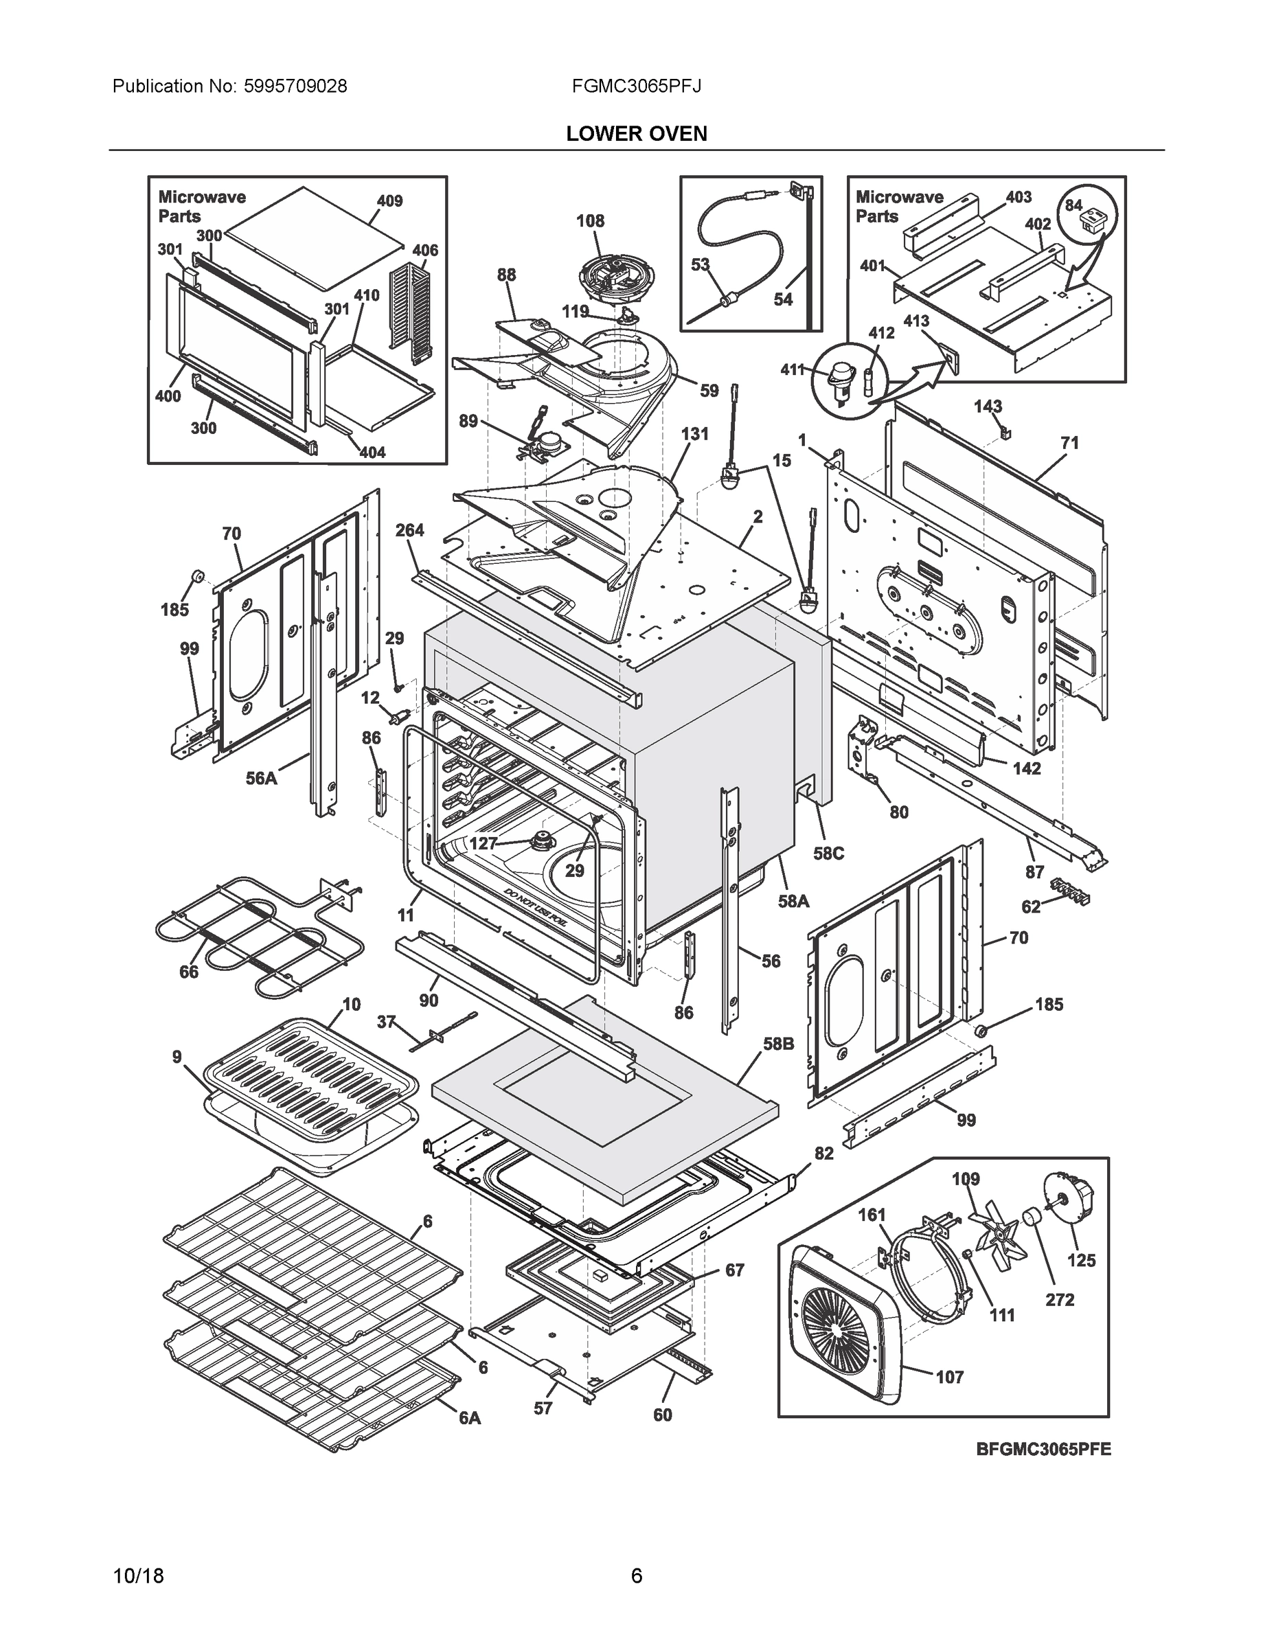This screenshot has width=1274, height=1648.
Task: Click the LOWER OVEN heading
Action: click(x=636, y=134)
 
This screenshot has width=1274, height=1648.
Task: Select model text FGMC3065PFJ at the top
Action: click(x=636, y=86)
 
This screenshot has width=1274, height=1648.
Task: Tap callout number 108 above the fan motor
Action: click(x=590, y=221)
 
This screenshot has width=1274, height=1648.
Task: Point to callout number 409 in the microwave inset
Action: click(x=389, y=201)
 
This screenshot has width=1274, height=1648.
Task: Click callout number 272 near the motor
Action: click(x=1060, y=1299)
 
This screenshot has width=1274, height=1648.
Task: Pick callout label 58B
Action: click(x=778, y=1044)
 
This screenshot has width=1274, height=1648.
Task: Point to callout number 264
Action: click(x=410, y=531)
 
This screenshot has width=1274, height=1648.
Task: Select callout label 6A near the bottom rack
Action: click(x=470, y=1418)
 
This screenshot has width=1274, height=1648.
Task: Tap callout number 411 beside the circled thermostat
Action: click(x=793, y=369)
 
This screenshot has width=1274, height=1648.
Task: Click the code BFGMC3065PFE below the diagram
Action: click(x=1043, y=1449)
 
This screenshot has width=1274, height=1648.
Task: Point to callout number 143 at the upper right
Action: click(x=987, y=406)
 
